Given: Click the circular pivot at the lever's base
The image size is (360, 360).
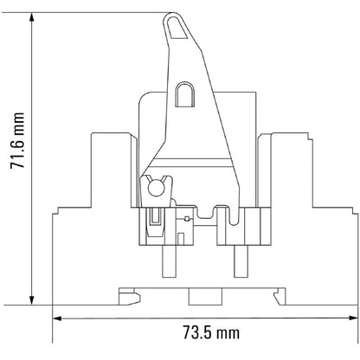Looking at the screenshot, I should [x=157, y=183].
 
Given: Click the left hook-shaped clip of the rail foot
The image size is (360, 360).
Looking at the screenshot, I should [x=126, y=297].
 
